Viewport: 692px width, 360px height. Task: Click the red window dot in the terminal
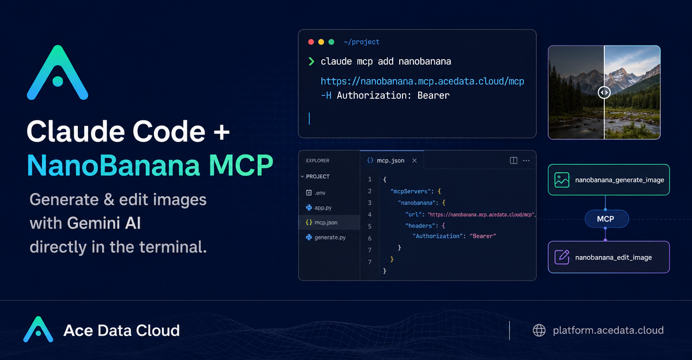[x=311, y=42]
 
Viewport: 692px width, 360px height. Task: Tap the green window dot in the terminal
[x=331, y=42]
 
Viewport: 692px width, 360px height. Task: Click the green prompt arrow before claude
[x=311, y=62]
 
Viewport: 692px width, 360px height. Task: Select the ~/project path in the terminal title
[x=362, y=42]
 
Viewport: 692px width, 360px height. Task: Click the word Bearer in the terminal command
[x=434, y=96]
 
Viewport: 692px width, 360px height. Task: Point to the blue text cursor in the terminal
[x=309, y=119]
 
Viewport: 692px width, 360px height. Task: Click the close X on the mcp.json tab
[x=415, y=161]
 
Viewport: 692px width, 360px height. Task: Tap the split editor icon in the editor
[x=513, y=160]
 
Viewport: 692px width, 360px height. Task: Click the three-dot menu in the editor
[x=526, y=161]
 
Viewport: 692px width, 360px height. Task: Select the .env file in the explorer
[x=316, y=193]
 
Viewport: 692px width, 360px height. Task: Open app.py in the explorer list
[x=319, y=208]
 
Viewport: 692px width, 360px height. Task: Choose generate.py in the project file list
[x=326, y=237]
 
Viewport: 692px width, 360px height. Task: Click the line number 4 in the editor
[x=370, y=215]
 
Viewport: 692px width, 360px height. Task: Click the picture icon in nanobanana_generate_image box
[x=562, y=180]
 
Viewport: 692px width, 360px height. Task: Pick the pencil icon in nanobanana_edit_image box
[x=562, y=257]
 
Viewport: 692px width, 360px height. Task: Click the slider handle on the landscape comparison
[x=604, y=92]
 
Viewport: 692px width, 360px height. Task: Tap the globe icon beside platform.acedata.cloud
[x=539, y=331]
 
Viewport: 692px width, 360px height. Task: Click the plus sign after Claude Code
[x=221, y=132]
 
